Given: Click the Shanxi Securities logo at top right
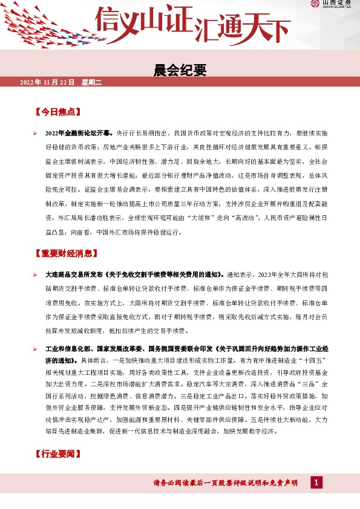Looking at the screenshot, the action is [332, 5].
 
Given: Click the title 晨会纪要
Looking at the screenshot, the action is [180, 71].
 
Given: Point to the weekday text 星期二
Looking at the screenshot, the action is [92, 82].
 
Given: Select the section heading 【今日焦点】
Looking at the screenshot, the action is [58, 112].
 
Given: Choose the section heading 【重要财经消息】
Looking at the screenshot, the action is [67, 254].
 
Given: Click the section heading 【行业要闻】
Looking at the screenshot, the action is [58, 453].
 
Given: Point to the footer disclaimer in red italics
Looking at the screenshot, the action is [226, 482].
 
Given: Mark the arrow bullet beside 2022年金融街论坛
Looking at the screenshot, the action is [35, 132].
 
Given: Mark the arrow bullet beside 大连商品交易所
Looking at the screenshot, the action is [35, 274].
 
